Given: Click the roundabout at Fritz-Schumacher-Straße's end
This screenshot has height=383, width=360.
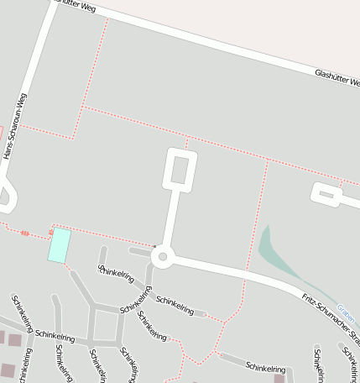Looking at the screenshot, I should [x=163, y=257].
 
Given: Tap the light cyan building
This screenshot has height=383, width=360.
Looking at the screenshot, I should [x=59, y=244].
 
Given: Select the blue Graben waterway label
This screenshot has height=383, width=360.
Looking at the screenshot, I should [x=347, y=314].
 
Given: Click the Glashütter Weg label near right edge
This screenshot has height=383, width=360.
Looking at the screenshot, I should [x=337, y=78].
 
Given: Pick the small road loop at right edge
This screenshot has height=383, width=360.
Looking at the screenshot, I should [x=326, y=195].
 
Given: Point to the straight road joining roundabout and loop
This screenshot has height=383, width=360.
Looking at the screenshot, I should [x=171, y=218].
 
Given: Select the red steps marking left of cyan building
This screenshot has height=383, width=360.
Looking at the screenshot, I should [x=25, y=233].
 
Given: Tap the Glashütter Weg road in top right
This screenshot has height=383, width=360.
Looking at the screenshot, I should [x=252, y=50].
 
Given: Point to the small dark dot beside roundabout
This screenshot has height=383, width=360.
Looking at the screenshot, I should [x=154, y=246].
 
